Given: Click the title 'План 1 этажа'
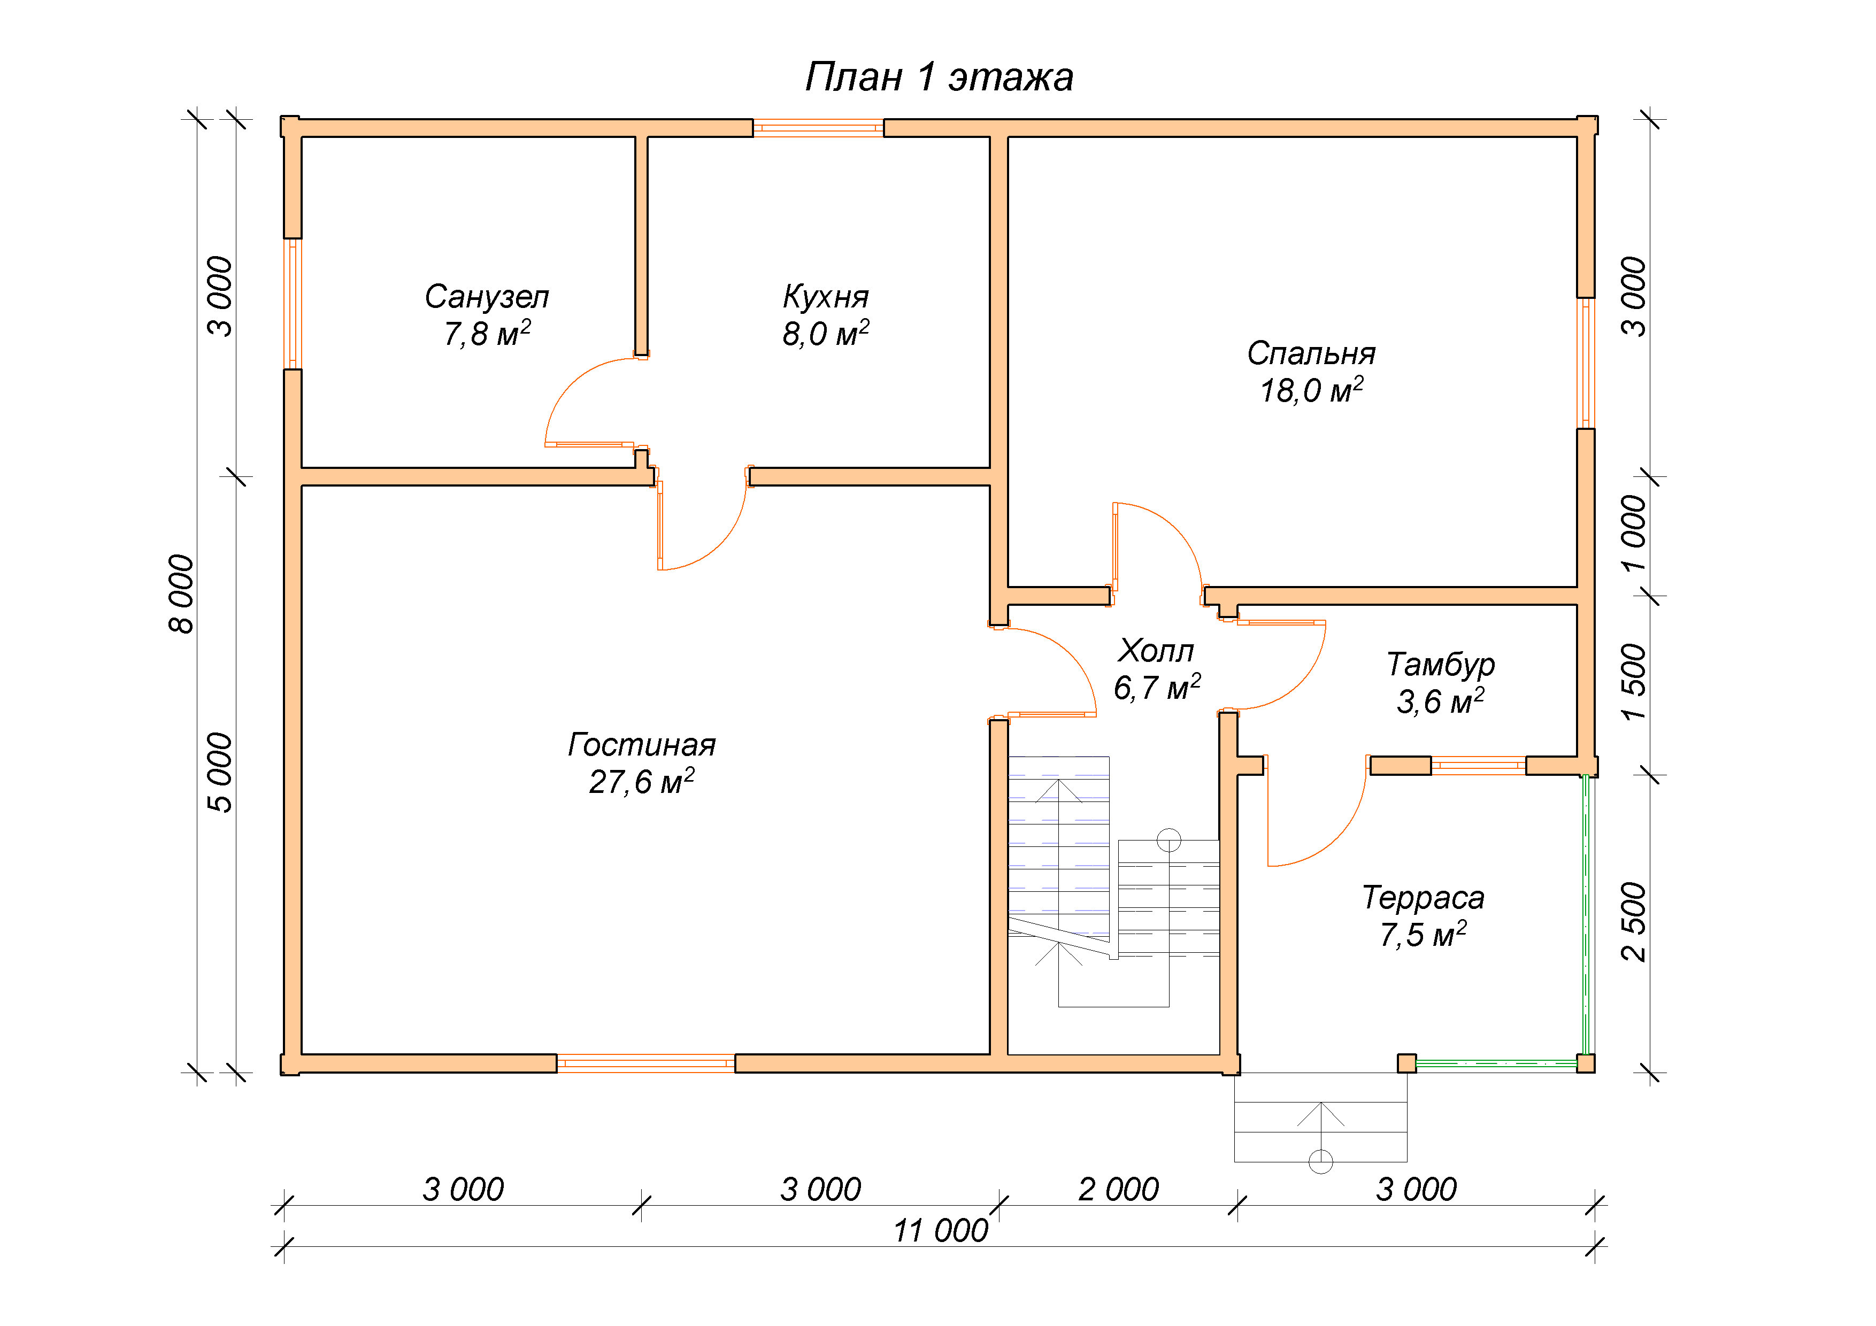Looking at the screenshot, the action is (939, 78).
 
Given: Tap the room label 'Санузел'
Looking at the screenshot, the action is (487, 297).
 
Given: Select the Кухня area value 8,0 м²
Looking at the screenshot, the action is (825, 333).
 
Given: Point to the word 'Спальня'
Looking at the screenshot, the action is (1311, 354).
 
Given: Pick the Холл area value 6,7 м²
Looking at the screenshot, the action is (1157, 687).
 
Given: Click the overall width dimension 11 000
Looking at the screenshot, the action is (941, 1230).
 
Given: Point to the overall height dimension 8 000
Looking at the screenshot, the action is (181, 594).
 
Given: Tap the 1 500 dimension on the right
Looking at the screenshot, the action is (1634, 682).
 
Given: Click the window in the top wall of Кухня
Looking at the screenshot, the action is (818, 127).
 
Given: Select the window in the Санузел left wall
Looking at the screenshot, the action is (293, 304).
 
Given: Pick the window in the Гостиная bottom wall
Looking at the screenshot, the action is (645, 1063).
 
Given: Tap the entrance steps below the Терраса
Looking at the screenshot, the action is (1320, 1117).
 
